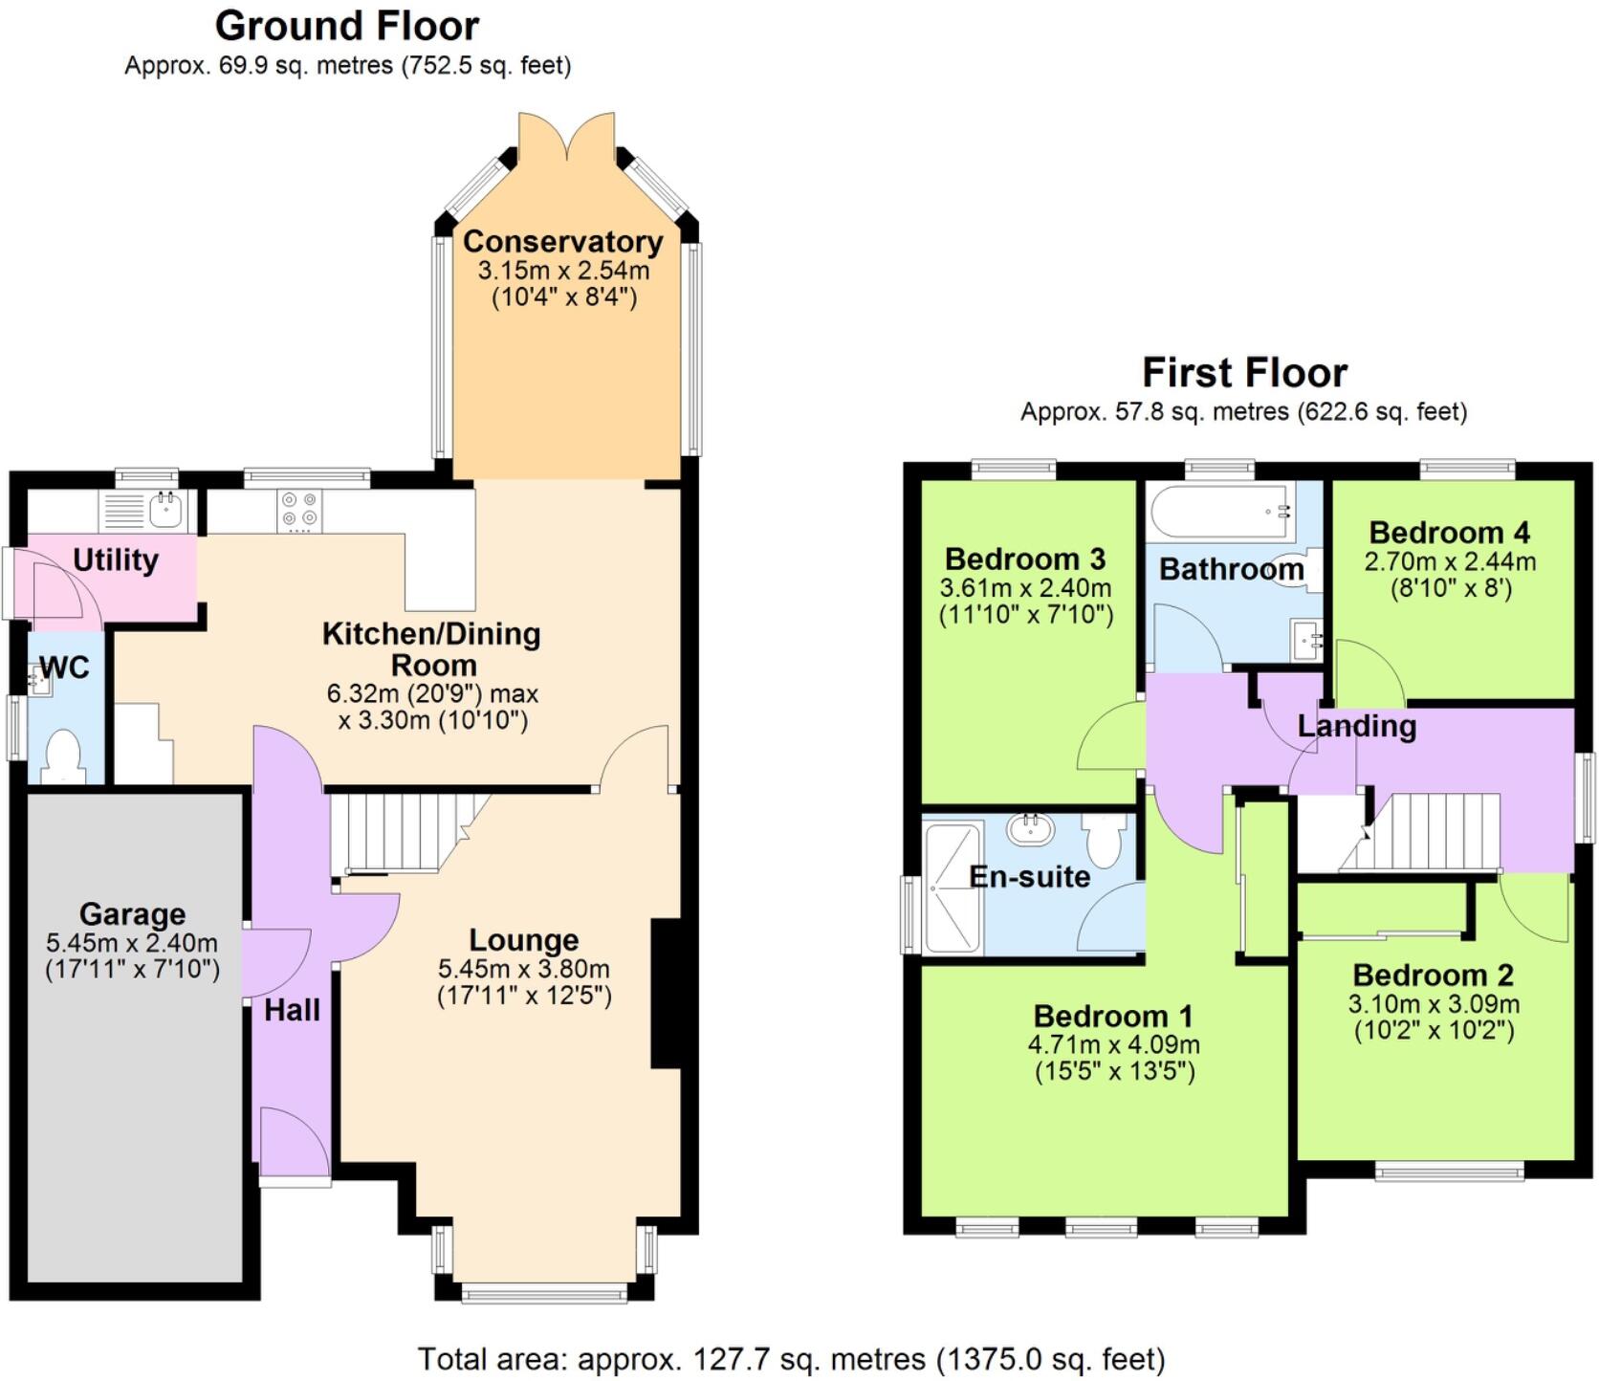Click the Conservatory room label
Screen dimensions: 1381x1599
coord(562,242)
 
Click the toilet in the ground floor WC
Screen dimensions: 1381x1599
coord(64,755)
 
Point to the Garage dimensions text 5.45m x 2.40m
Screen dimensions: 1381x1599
coord(132,943)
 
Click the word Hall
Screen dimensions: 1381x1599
coord(292,1010)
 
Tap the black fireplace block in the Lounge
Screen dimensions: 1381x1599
coord(666,994)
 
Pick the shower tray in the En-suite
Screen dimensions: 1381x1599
coord(953,888)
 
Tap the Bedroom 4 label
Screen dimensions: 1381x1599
coord(1449,533)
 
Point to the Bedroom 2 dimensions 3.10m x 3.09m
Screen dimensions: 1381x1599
coord(1433,1004)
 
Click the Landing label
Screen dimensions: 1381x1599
coord(1356,726)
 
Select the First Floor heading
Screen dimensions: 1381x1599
coord(1244,372)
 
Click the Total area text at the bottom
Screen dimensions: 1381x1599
coord(791,1358)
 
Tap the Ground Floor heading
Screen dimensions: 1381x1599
coord(347,26)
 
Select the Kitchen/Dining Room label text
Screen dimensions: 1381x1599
coord(431,648)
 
